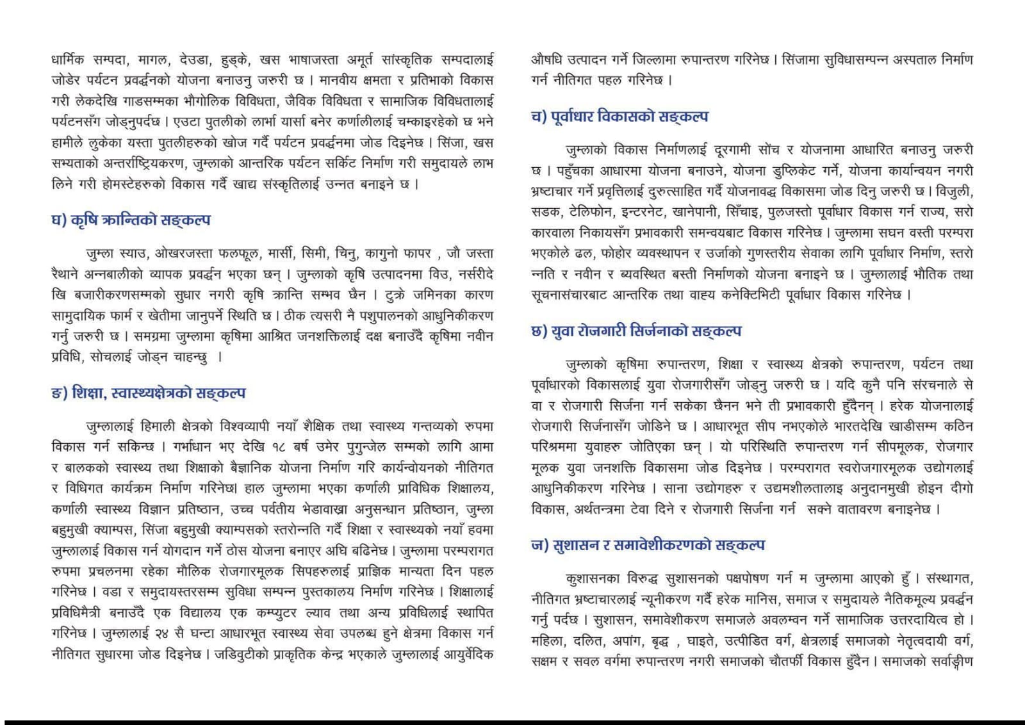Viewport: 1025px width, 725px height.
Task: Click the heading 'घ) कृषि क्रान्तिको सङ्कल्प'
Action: (x=131, y=220)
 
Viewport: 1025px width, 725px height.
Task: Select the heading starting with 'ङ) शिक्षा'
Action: (x=148, y=393)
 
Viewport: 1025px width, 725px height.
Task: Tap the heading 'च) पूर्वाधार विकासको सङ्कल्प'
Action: (x=619, y=117)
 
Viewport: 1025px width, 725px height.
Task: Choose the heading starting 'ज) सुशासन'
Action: (x=648, y=545)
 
